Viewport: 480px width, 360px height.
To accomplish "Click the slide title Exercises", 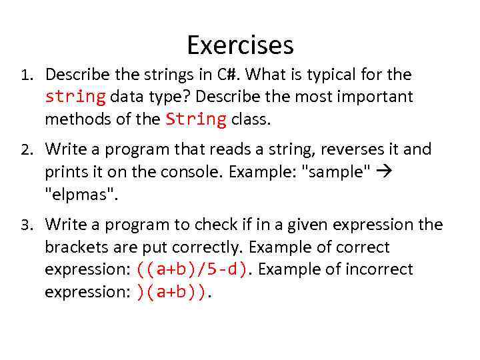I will coord(240,45).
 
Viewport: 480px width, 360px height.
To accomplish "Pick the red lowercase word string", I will coord(75,97).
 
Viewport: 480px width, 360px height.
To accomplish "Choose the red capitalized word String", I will coord(196,119).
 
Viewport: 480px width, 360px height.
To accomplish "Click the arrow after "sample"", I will coord(385,171).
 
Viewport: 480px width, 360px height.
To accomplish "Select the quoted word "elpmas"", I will coord(74,194).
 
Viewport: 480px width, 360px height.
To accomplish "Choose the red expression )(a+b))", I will coord(171,292).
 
